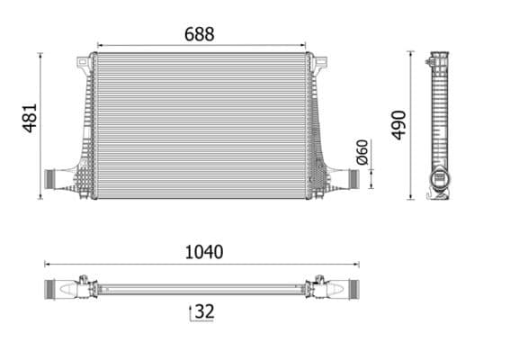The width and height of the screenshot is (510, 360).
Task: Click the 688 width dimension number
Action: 200,33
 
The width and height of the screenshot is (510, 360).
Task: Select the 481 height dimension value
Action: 30,118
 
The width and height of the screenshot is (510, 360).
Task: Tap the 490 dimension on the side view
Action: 398,124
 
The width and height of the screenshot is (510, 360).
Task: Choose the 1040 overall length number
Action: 203,252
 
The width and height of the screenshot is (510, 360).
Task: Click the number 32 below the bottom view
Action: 205,312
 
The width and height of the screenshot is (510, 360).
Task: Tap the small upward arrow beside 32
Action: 190,311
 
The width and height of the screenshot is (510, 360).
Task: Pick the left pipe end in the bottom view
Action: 56,290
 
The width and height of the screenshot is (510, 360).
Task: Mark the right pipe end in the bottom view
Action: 349,290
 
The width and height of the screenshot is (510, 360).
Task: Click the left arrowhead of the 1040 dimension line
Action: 48,265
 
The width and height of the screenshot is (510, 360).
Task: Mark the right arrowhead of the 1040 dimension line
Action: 357,265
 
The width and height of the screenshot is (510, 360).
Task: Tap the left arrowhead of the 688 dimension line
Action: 98,44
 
